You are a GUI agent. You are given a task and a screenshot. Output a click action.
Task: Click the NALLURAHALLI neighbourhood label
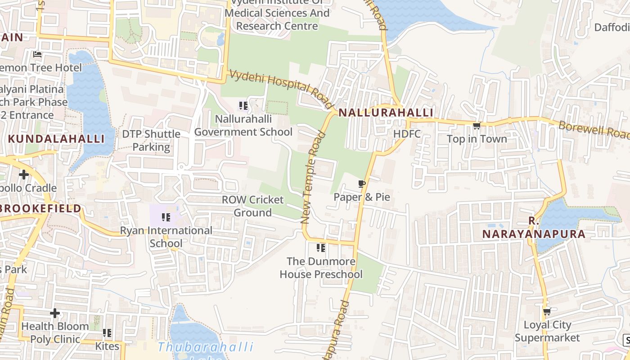point(386,112)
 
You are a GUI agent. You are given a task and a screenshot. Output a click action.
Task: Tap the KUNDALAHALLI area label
point(56,139)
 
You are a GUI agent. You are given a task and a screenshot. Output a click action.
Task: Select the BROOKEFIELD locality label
point(40,208)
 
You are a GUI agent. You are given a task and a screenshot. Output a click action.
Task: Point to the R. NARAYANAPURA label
point(534,228)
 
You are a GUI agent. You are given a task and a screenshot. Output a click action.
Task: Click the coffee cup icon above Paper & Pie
point(361,184)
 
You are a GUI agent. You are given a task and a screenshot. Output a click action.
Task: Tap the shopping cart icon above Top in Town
point(477,126)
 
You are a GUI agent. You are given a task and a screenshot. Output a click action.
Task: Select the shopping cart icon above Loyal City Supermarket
point(547,311)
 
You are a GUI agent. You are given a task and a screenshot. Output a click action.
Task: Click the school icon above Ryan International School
point(166,217)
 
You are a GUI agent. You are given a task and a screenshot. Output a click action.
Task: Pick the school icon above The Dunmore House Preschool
point(321,248)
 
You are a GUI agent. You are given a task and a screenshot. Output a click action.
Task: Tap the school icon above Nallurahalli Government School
point(243,106)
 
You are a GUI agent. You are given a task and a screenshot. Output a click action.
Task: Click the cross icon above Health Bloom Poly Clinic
point(55,313)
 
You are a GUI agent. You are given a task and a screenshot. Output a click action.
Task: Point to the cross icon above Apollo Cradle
point(24,175)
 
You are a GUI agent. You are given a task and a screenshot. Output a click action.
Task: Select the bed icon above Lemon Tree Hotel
point(37,54)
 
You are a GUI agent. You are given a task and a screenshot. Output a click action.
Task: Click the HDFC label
point(407,134)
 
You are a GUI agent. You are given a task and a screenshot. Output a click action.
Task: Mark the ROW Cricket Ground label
point(252,206)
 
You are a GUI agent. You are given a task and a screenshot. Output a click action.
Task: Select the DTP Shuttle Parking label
point(151,140)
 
